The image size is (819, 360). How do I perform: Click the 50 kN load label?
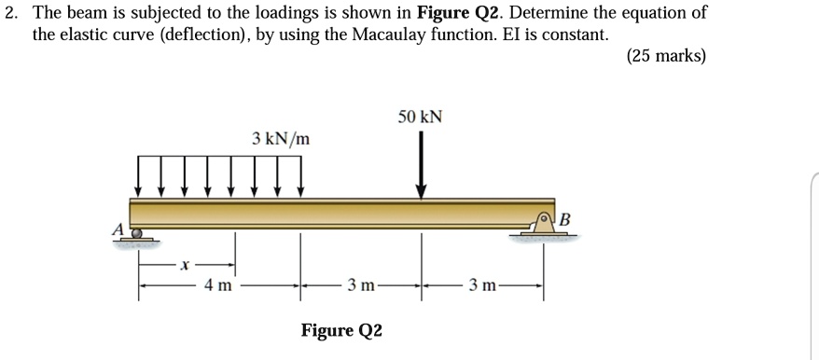click(420, 118)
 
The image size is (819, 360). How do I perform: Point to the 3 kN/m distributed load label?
click(281, 139)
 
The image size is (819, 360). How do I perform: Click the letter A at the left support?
click(118, 228)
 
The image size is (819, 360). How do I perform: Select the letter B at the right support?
click(564, 218)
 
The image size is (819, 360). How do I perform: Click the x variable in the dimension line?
click(186, 266)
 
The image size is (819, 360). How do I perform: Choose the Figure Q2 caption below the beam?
click(340, 330)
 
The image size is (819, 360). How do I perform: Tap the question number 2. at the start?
click(13, 13)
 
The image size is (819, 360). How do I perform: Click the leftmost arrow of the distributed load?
click(140, 175)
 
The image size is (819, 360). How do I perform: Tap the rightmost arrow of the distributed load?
click(300, 175)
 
